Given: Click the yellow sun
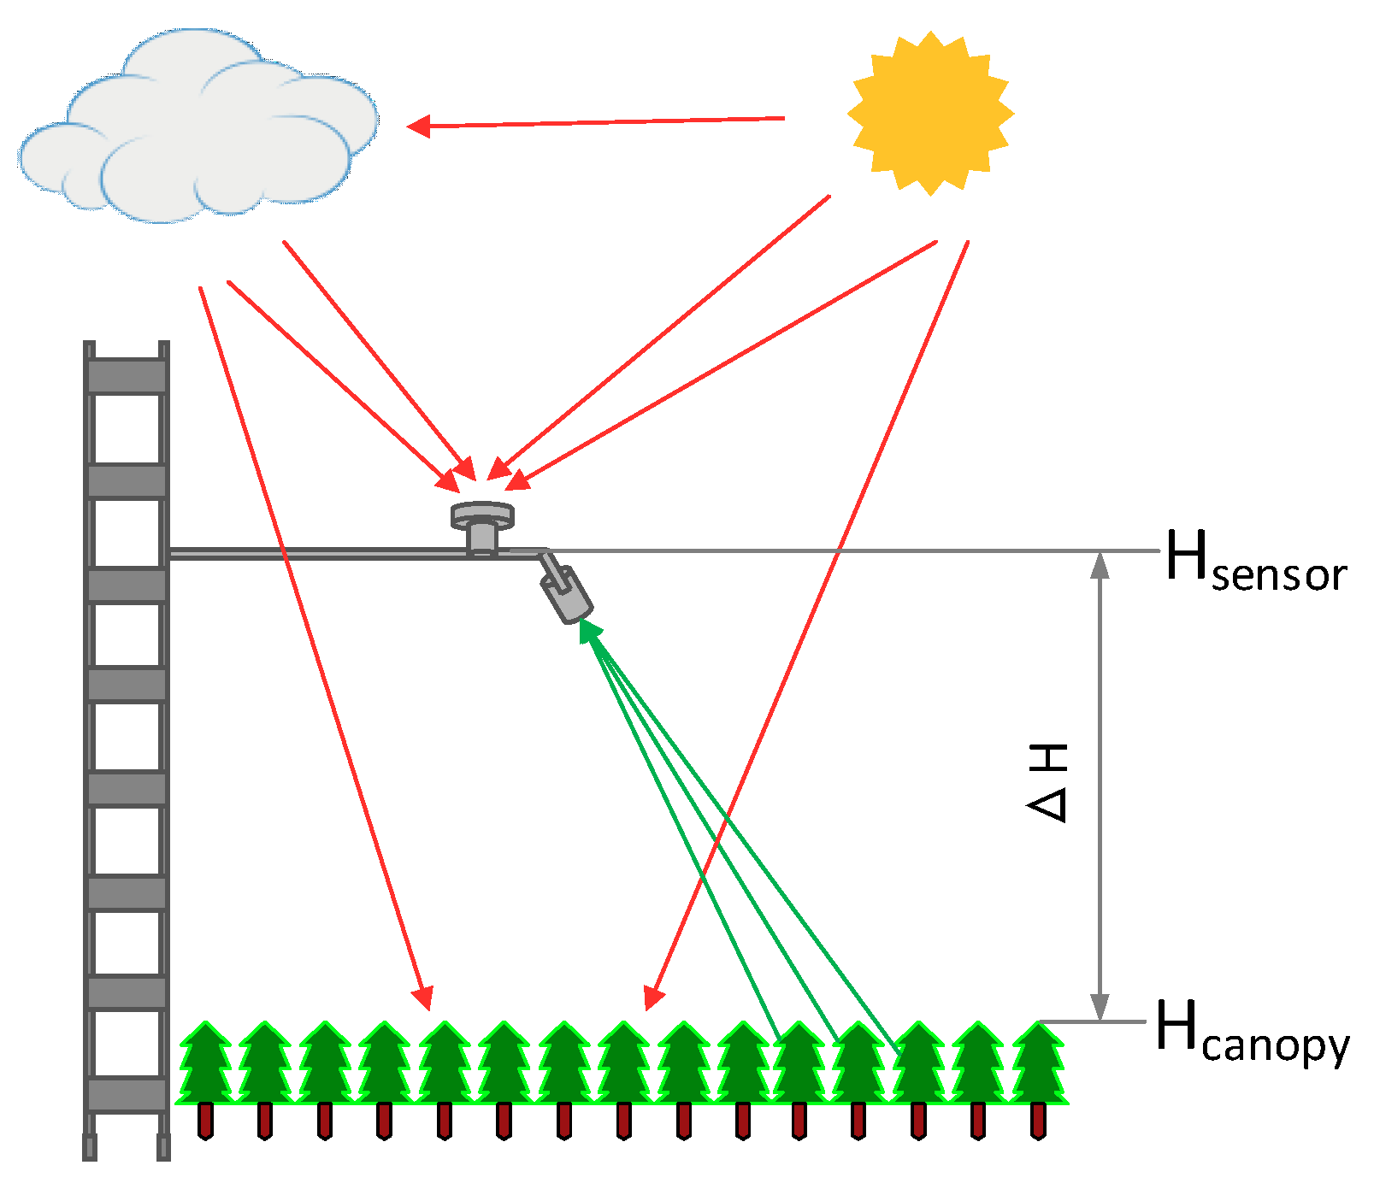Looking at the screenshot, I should pos(930,113).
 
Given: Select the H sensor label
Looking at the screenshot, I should pos(1255,561).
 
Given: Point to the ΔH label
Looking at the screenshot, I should pos(1048,782).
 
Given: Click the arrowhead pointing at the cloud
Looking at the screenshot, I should pos(418,127).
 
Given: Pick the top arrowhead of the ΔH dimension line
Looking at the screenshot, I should pos(1100,564).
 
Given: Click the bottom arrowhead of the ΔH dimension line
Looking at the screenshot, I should pos(1100,1008).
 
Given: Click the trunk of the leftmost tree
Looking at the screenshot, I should pos(205,1121).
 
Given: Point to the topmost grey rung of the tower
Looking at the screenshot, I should pos(127,376).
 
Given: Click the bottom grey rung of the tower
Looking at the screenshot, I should pos(127,1093).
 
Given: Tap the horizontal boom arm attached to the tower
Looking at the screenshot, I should pos(316,553).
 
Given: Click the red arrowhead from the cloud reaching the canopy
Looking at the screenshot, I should pos(423,998).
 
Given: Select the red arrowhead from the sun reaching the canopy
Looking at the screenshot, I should pos(653,998).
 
